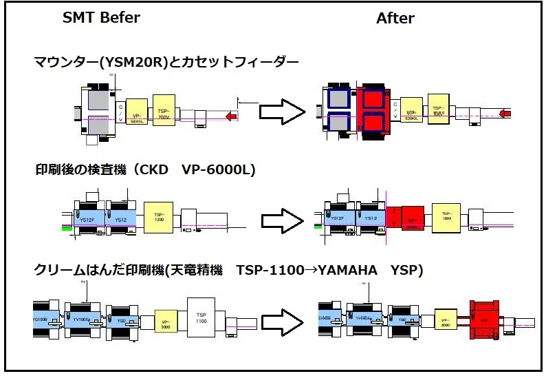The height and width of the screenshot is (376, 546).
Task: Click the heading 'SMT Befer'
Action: (x=101, y=18)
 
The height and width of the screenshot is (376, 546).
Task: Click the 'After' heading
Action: (x=395, y=19)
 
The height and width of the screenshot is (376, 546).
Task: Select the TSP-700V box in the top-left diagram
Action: (x=164, y=109)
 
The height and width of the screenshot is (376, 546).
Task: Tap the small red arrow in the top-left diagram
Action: (x=231, y=118)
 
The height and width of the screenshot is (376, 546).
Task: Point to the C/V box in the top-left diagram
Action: (x=120, y=110)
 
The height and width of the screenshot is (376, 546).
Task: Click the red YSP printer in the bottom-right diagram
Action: (x=483, y=319)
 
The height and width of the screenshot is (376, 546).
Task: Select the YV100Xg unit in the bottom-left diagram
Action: (x=83, y=320)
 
